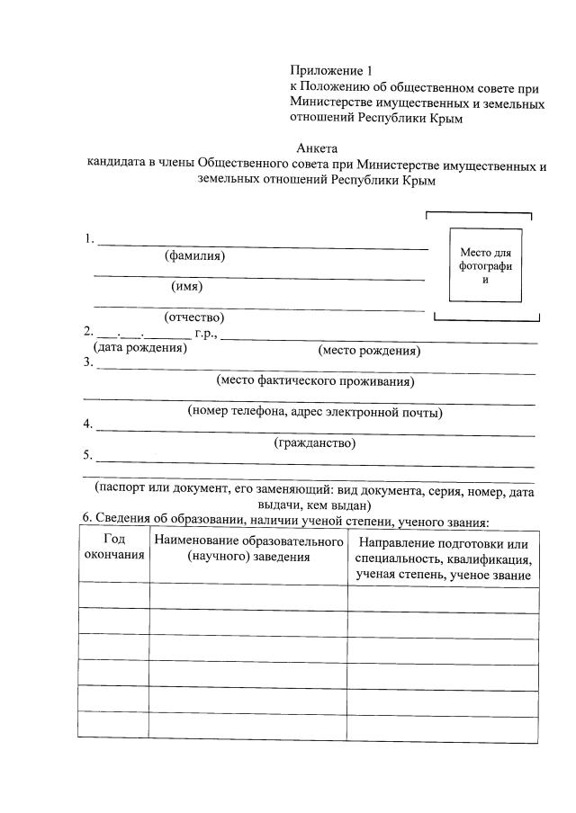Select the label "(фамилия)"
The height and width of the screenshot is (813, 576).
click(x=194, y=256)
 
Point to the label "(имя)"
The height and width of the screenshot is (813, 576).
click(x=186, y=287)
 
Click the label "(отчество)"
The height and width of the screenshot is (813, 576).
click(x=193, y=317)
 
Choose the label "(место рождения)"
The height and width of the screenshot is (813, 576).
click(x=369, y=351)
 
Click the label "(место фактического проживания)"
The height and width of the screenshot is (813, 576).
click(x=315, y=381)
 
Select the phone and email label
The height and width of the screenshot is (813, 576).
click(x=315, y=413)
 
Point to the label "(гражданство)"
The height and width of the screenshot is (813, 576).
click(x=315, y=443)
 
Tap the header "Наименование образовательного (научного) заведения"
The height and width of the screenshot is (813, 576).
click(x=248, y=549)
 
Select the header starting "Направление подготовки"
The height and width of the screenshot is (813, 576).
click(x=443, y=559)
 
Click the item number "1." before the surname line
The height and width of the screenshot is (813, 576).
click(x=89, y=240)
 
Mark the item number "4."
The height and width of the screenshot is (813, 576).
click(x=88, y=424)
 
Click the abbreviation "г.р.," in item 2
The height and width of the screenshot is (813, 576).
click(x=206, y=333)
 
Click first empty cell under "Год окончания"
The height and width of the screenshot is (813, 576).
click(x=113, y=595)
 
